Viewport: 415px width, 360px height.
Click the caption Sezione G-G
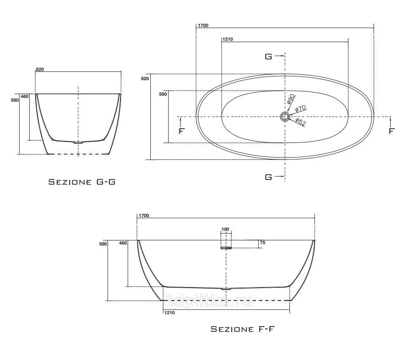(x=82, y=182)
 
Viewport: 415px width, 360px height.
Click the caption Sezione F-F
(x=243, y=329)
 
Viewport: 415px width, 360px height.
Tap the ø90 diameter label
(x=290, y=98)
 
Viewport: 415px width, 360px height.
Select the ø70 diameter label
(x=300, y=108)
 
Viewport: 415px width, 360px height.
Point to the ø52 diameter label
(x=300, y=122)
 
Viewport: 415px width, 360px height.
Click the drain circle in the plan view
(x=285, y=116)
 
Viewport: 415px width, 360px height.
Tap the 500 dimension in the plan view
(x=163, y=94)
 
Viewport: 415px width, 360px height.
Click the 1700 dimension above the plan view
(x=203, y=26)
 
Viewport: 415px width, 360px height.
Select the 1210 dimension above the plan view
(x=228, y=39)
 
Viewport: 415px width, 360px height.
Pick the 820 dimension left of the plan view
(x=145, y=79)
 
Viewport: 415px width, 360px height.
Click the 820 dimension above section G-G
(x=40, y=70)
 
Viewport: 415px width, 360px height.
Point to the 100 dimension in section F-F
(x=225, y=229)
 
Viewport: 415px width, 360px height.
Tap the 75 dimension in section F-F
(x=262, y=243)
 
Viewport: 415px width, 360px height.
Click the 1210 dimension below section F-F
(x=169, y=313)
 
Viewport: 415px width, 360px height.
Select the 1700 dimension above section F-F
(x=144, y=216)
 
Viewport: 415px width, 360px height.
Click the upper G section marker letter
(x=268, y=57)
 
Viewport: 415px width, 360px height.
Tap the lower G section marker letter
(x=268, y=177)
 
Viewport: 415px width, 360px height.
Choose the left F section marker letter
(x=181, y=131)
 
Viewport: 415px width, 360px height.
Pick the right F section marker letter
(x=392, y=131)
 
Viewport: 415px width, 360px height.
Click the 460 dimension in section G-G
(x=25, y=97)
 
